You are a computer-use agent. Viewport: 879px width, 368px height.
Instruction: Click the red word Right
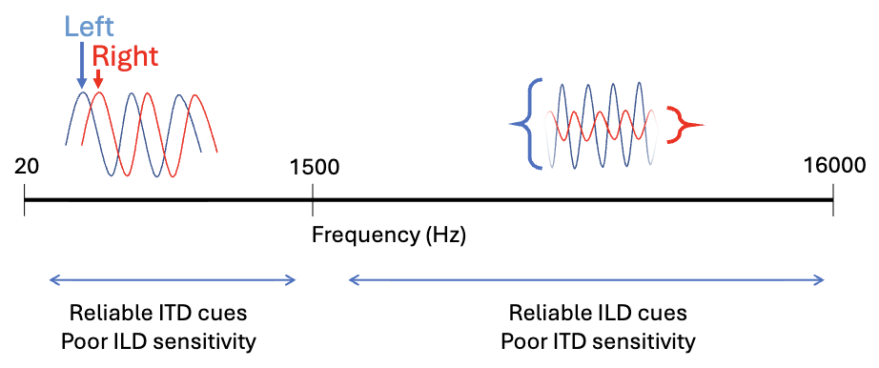[x=125, y=56]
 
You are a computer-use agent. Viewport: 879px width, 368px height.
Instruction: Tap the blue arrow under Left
[x=81, y=67]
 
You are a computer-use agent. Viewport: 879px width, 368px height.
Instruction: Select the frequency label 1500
[x=313, y=166]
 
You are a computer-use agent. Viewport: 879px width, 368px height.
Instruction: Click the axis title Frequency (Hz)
[x=388, y=234]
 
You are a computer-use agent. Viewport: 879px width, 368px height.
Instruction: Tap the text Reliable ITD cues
[x=163, y=314]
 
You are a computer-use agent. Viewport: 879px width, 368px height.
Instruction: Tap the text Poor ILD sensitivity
[x=163, y=340]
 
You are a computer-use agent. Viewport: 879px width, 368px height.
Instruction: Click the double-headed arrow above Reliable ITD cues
[x=173, y=279]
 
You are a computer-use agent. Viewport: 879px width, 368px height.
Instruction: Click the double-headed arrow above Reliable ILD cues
[x=586, y=279]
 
